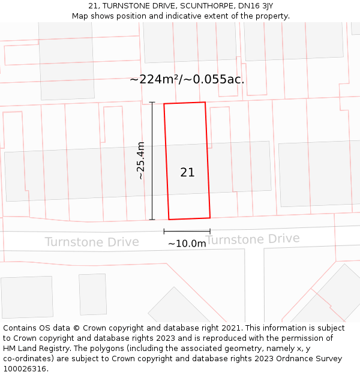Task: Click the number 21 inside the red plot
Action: coord(187,173)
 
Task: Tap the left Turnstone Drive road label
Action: coord(92,242)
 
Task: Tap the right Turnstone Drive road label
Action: coord(253,239)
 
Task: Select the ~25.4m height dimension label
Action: coord(140,161)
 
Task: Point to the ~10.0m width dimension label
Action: coord(187,244)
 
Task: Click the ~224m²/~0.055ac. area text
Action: coord(187,79)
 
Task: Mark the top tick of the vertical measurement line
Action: coord(152,103)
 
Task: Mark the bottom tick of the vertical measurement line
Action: coord(152,220)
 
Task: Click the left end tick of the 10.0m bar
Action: coord(164,231)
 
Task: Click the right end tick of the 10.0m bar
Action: coord(210,231)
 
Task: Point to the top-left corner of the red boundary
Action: coord(164,104)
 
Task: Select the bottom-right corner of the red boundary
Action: coord(210,217)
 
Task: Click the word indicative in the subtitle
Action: coord(184,16)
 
